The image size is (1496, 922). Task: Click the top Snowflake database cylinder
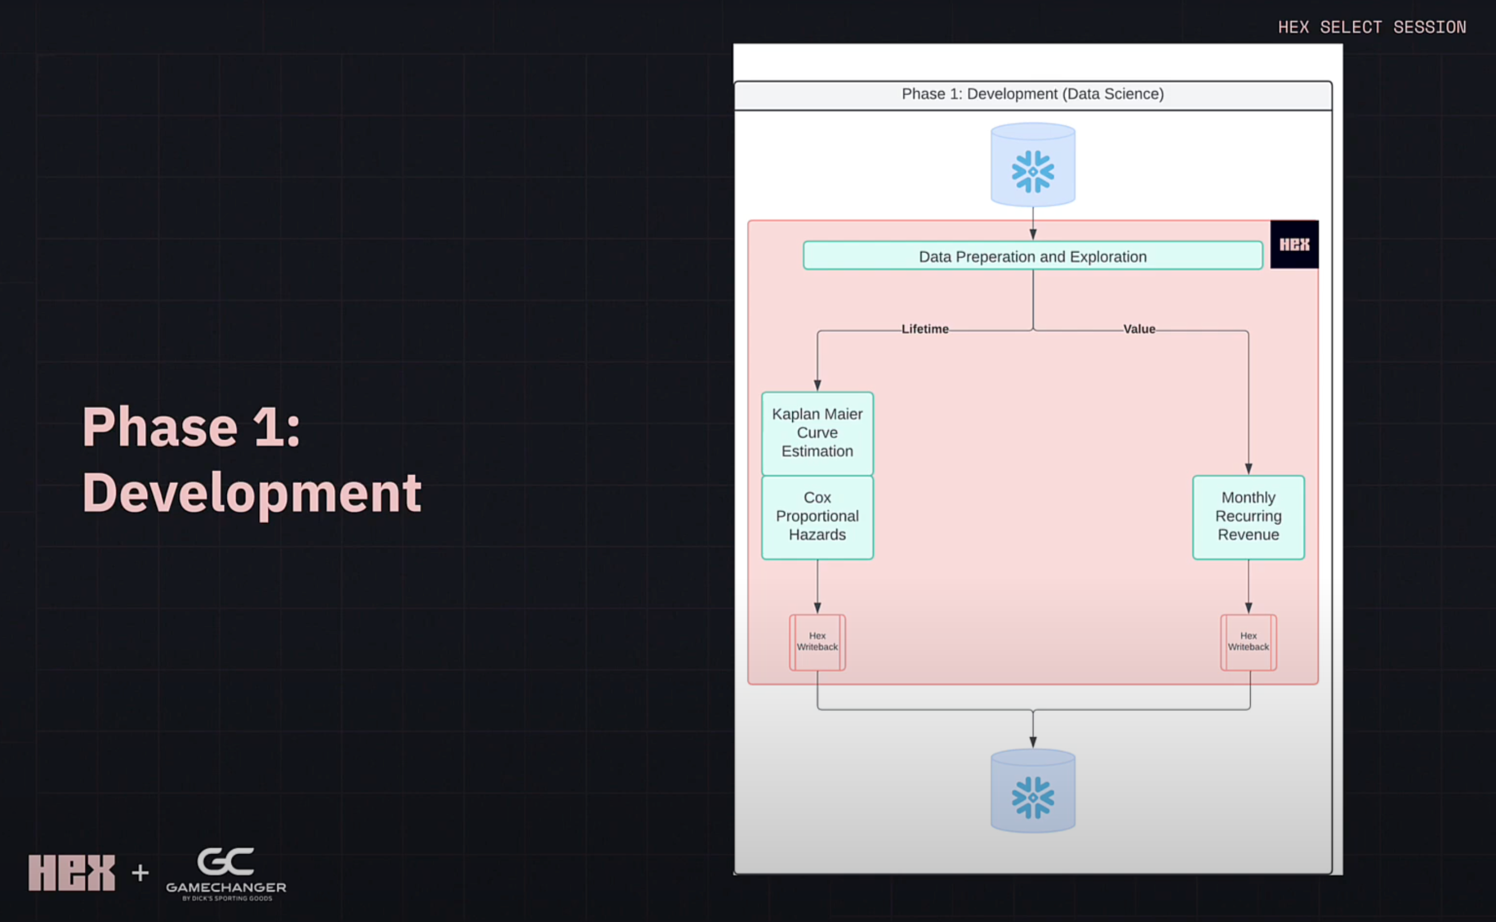1033,165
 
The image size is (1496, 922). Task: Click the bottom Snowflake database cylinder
1033,791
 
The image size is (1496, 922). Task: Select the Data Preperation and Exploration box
1033,256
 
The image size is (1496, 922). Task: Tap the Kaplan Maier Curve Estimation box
817,433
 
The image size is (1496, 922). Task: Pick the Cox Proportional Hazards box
817,516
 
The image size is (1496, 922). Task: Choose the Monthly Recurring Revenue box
1248,516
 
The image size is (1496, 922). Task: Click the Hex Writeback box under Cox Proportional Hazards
817,641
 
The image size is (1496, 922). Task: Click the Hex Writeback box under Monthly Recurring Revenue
1248,641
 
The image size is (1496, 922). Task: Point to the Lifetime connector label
925,329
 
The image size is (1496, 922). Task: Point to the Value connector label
1139,329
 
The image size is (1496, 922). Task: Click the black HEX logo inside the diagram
1294,244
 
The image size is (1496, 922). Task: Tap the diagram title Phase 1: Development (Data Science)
1033,94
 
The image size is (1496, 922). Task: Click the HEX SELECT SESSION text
1372,27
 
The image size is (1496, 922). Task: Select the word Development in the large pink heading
251,493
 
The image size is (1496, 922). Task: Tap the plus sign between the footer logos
140,873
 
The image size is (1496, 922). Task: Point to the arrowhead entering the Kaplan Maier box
817,386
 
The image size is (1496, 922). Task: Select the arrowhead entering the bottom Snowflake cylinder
1033,742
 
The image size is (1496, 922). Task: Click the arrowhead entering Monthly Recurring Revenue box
1248,469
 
